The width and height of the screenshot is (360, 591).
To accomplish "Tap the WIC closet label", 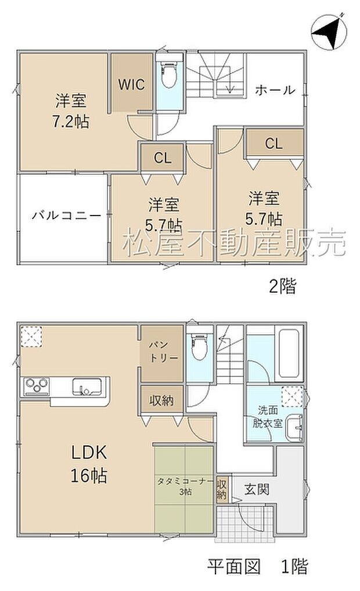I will pyautogui.click(x=132, y=83).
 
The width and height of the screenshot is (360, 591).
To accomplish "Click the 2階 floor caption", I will pyautogui.click(x=282, y=286).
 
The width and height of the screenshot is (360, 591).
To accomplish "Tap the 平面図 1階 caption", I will pyautogui.click(x=258, y=565).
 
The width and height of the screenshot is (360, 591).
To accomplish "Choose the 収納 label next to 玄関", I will pyautogui.click(x=222, y=489).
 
